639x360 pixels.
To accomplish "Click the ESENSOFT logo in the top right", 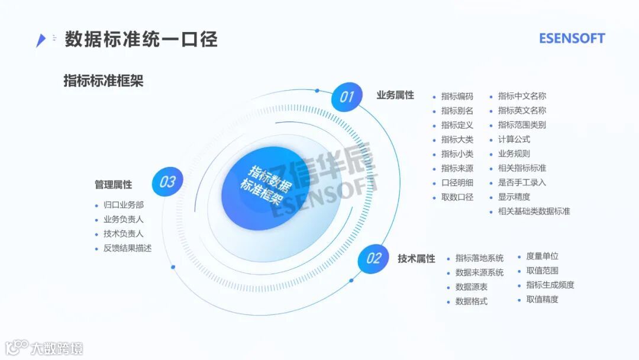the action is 572,38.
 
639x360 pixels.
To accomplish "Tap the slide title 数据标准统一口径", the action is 141,39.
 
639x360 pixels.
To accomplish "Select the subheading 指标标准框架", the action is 104,81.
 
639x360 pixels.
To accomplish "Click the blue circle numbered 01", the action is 346,97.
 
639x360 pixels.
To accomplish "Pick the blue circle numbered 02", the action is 373,258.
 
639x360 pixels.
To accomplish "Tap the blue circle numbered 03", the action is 167,182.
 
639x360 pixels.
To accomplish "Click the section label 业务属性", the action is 395,95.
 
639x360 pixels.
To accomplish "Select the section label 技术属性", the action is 416,259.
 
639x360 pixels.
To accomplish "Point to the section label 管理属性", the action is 113,185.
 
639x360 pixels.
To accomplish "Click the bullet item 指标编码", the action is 457,97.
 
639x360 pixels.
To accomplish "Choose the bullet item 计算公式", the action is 514,140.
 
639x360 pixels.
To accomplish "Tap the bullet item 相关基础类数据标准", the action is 534,211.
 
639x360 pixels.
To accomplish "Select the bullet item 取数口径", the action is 457,197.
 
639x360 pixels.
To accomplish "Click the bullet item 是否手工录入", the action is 522,182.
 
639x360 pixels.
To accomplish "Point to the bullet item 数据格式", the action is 471,301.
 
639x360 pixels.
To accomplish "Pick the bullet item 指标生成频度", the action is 550,285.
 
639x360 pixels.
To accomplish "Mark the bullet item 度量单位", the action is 542,256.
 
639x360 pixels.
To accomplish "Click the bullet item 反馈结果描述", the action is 127,248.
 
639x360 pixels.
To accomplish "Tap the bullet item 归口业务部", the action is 123,205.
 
